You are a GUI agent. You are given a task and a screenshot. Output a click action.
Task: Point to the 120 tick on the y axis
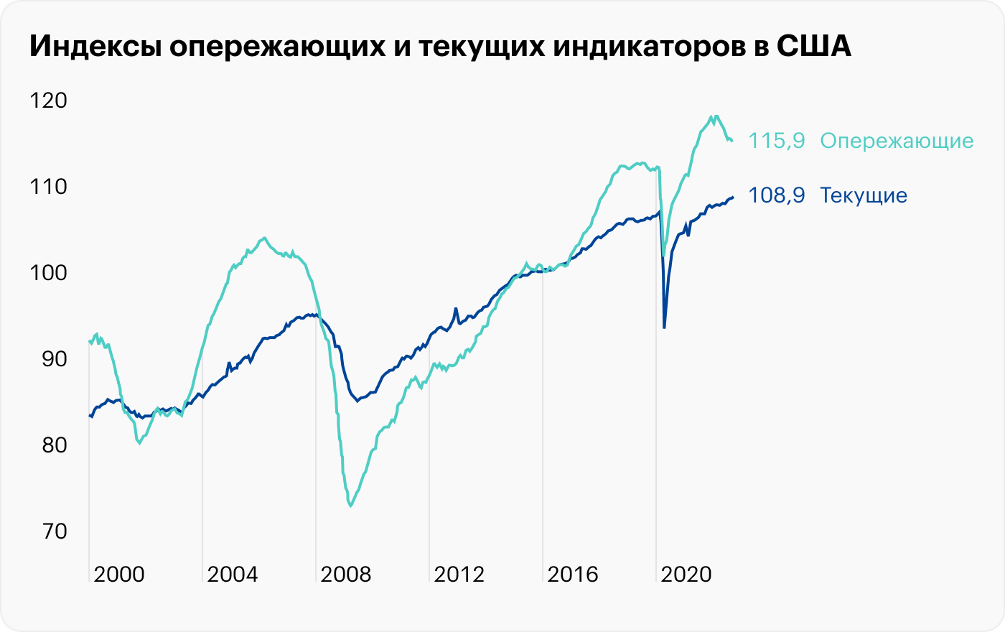[x=48, y=101]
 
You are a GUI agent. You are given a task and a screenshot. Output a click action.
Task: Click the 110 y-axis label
[x=48, y=187]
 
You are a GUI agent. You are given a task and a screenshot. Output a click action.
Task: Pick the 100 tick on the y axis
[x=48, y=273]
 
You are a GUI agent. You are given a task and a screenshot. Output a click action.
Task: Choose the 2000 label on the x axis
[x=119, y=575]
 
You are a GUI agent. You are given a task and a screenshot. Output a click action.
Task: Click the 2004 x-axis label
[x=233, y=575]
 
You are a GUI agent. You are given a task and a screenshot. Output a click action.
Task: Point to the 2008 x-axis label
[x=346, y=575]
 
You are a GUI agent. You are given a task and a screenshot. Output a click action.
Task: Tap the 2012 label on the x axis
[x=459, y=575]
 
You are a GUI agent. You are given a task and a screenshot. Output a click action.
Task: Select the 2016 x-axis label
[x=573, y=575]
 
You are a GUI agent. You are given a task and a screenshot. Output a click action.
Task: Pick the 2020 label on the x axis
[x=686, y=575]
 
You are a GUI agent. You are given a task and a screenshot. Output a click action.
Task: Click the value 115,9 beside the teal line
[x=777, y=141]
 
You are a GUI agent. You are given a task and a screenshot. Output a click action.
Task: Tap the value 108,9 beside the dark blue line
[x=777, y=195]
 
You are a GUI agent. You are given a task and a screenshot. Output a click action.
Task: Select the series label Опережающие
[x=897, y=141]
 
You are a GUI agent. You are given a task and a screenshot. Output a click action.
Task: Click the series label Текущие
[x=864, y=195]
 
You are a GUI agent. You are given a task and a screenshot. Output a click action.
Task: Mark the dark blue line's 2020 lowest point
[x=664, y=327]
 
